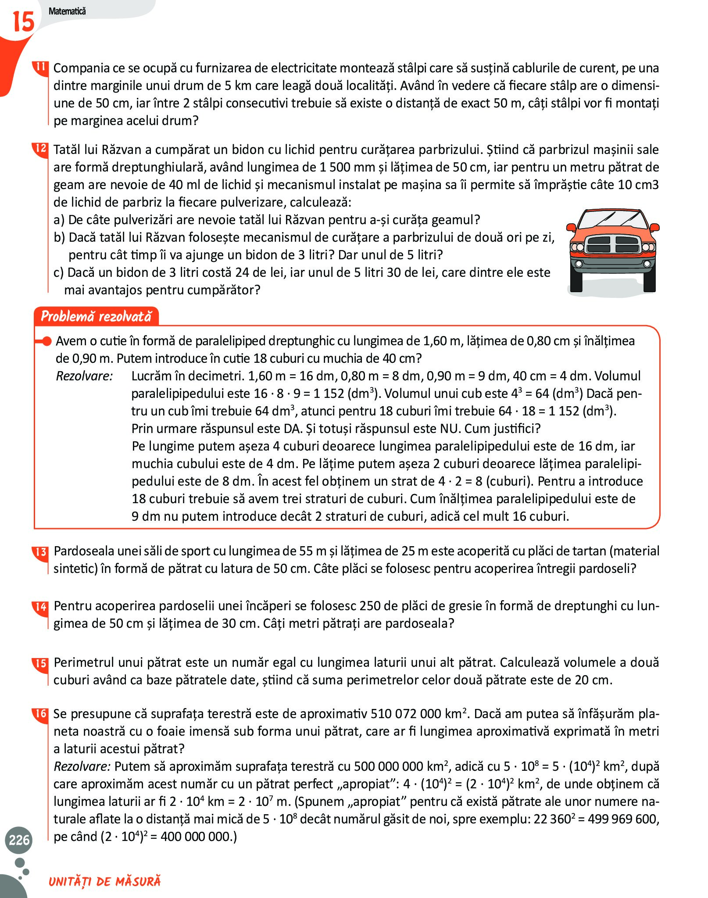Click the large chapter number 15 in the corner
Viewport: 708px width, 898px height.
pyautogui.click(x=23, y=22)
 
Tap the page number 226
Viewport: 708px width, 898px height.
pyautogui.click(x=19, y=840)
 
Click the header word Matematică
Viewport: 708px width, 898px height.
pyautogui.click(x=67, y=11)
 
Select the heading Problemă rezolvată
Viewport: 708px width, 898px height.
pyautogui.click(x=96, y=316)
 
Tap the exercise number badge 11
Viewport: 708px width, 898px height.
pyautogui.click(x=41, y=68)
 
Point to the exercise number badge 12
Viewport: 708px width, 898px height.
pyautogui.click(x=41, y=149)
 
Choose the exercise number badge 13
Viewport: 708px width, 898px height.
pyautogui.click(x=41, y=551)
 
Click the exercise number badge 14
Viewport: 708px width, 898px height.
pyautogui.click(x=41, y=607)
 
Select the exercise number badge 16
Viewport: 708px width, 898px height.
pyautogui.click(x=41, y=714)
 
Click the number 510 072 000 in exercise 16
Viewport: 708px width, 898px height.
pyautogui.click(x=405, y=714)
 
